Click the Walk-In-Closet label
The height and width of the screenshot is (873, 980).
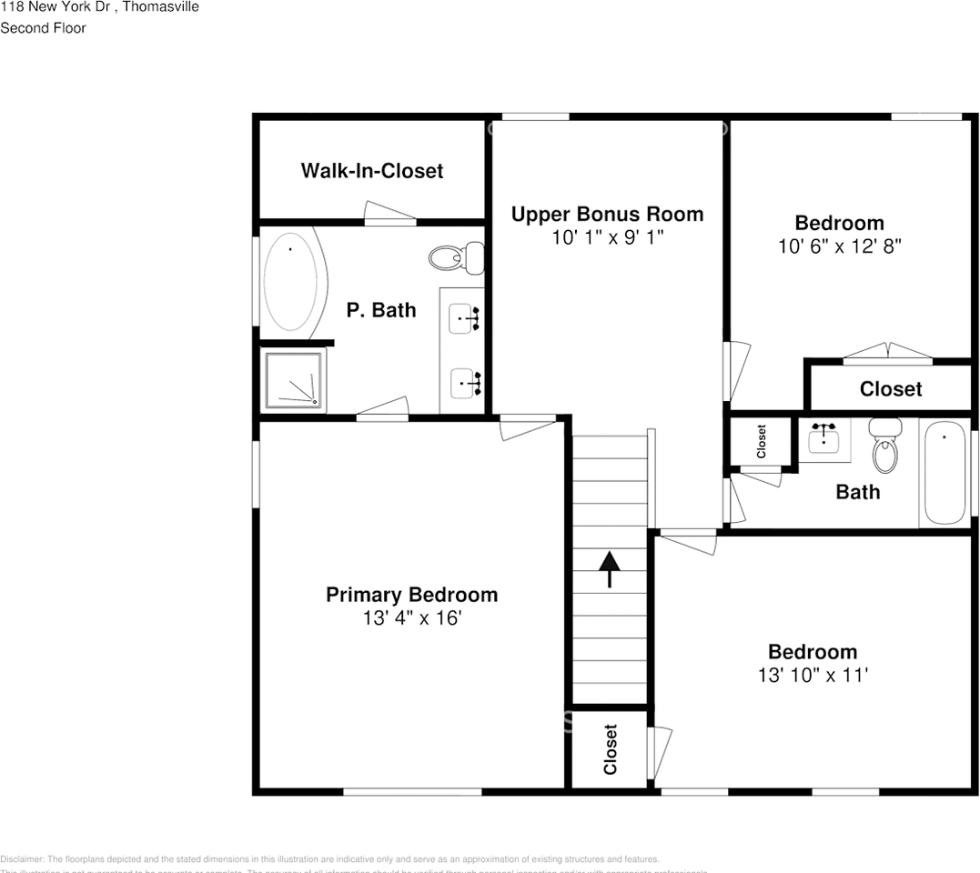click(371, 171)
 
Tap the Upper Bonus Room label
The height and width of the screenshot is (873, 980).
click(606, 215)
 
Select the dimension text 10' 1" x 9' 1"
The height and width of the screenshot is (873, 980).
click(606, 237)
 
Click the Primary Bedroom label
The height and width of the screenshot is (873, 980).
click(411, 595)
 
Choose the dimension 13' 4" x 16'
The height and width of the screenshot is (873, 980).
click(411, 618)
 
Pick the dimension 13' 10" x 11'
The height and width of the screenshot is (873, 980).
click(812, 675)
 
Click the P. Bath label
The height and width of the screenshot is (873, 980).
click(381, 310)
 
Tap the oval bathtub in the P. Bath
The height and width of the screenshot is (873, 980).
click(294, 282)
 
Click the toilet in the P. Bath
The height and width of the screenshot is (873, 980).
click(454, 258)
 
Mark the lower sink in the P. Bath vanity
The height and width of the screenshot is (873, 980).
click(466, 383)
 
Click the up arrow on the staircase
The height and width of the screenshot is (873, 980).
click(609, 568)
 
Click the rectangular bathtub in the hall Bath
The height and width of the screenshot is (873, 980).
click(944, 473)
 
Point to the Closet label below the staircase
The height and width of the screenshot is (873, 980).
click(610, 748)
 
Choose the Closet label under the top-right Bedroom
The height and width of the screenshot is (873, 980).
click(890, 389)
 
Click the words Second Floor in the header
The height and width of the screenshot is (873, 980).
click(43, 28)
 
